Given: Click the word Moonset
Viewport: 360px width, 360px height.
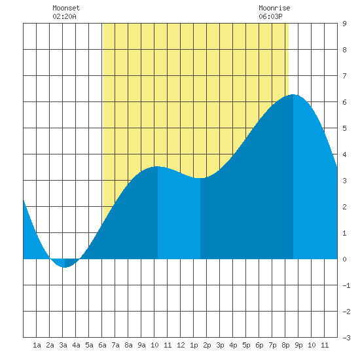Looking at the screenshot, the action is (66, 8).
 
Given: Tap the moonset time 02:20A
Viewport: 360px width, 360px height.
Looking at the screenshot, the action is (64, 16).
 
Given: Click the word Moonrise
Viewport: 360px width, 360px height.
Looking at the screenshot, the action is (274, 8).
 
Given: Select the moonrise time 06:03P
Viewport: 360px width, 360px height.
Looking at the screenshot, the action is (270, 16).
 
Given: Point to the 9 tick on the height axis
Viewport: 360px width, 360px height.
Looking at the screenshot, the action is (344, 24).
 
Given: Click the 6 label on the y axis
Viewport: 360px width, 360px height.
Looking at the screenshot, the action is (344, 102).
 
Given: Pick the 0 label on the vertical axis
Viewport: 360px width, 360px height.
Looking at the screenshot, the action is (344, 259).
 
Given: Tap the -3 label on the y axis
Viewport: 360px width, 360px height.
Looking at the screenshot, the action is (346, 338).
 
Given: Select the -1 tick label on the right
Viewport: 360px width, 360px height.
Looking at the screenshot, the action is (346, 285).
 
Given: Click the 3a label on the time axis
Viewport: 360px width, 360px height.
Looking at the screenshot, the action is (63, 345).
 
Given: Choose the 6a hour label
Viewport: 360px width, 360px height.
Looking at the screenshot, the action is (102, 345).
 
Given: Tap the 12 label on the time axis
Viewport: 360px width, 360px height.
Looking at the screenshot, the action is (181, 345).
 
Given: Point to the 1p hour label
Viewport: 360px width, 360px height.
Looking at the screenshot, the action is (194, 345).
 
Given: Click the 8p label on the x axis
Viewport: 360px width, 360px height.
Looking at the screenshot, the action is (285, 345).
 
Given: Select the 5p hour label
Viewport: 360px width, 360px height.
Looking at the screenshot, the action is (246, 345).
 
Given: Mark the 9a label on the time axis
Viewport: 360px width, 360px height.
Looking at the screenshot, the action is (141, 345).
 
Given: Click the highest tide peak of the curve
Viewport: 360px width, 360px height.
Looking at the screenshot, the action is (293, 95).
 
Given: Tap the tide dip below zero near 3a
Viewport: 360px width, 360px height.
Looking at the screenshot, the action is (65, 267).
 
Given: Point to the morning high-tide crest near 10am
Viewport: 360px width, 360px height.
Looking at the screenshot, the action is (158, 167).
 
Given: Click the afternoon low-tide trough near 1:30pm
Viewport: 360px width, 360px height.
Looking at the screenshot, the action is (200, 178).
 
